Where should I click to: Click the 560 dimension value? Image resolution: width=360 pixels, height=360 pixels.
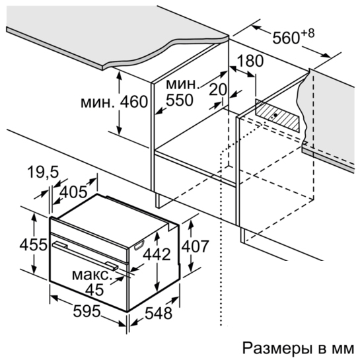[x=286, y=38]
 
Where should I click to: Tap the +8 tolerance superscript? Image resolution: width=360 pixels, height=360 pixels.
[x=307, y=34]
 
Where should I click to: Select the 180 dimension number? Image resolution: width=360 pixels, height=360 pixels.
[x=250, y=61]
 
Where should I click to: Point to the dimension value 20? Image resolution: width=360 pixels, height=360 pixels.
[x=218, y=89]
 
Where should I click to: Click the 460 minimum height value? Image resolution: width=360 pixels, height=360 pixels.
[x=134, y=102]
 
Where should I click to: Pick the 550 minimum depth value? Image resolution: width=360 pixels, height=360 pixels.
[x=180, y=100]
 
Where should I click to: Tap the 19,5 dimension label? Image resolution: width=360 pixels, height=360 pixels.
[x=43, y=172]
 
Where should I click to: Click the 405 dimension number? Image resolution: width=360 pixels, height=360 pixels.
[x=73, y=192]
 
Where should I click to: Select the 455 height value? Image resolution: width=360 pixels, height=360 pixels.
[x=33, y=244]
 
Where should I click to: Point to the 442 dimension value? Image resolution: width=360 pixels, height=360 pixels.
[x=157, y=254]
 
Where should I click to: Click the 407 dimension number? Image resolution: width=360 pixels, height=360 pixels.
[x=195, y=246]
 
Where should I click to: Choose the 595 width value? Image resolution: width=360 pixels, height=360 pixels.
[x=87, y=311]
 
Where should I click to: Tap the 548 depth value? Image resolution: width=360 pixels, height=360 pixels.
[x=159, y=313]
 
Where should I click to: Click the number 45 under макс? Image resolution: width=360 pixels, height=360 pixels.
[x=94, y=290]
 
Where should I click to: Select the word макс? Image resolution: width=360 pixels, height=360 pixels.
[x=92, y=275]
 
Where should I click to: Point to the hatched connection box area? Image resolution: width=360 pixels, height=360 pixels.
[x=277, y=116]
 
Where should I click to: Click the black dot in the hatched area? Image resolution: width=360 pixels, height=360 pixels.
[x=275, y=115]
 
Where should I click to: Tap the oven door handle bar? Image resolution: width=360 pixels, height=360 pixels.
[x=85, y=255]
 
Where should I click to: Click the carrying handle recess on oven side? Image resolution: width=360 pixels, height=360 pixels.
[x=139, y=245]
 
